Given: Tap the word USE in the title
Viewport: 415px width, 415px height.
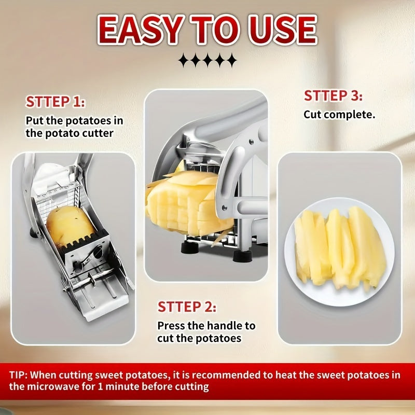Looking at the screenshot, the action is pos(283,29).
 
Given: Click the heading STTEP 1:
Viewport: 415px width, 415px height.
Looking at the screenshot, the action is pos(56,102).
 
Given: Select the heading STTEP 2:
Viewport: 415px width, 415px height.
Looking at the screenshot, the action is pos(187,307).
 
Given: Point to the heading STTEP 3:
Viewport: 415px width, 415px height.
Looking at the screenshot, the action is pos(333,95).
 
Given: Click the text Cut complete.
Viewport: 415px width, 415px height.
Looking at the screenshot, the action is pos(339,115).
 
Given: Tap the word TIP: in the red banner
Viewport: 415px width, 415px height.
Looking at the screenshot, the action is pos(18,375).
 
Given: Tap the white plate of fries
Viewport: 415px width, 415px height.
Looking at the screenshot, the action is pos(340,252).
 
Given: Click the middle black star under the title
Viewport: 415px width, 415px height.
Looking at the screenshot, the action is pos(208,60).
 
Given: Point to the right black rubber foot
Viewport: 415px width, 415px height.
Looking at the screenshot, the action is pos(242,256).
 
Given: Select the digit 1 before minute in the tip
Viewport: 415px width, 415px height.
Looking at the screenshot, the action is pos(100,386).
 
